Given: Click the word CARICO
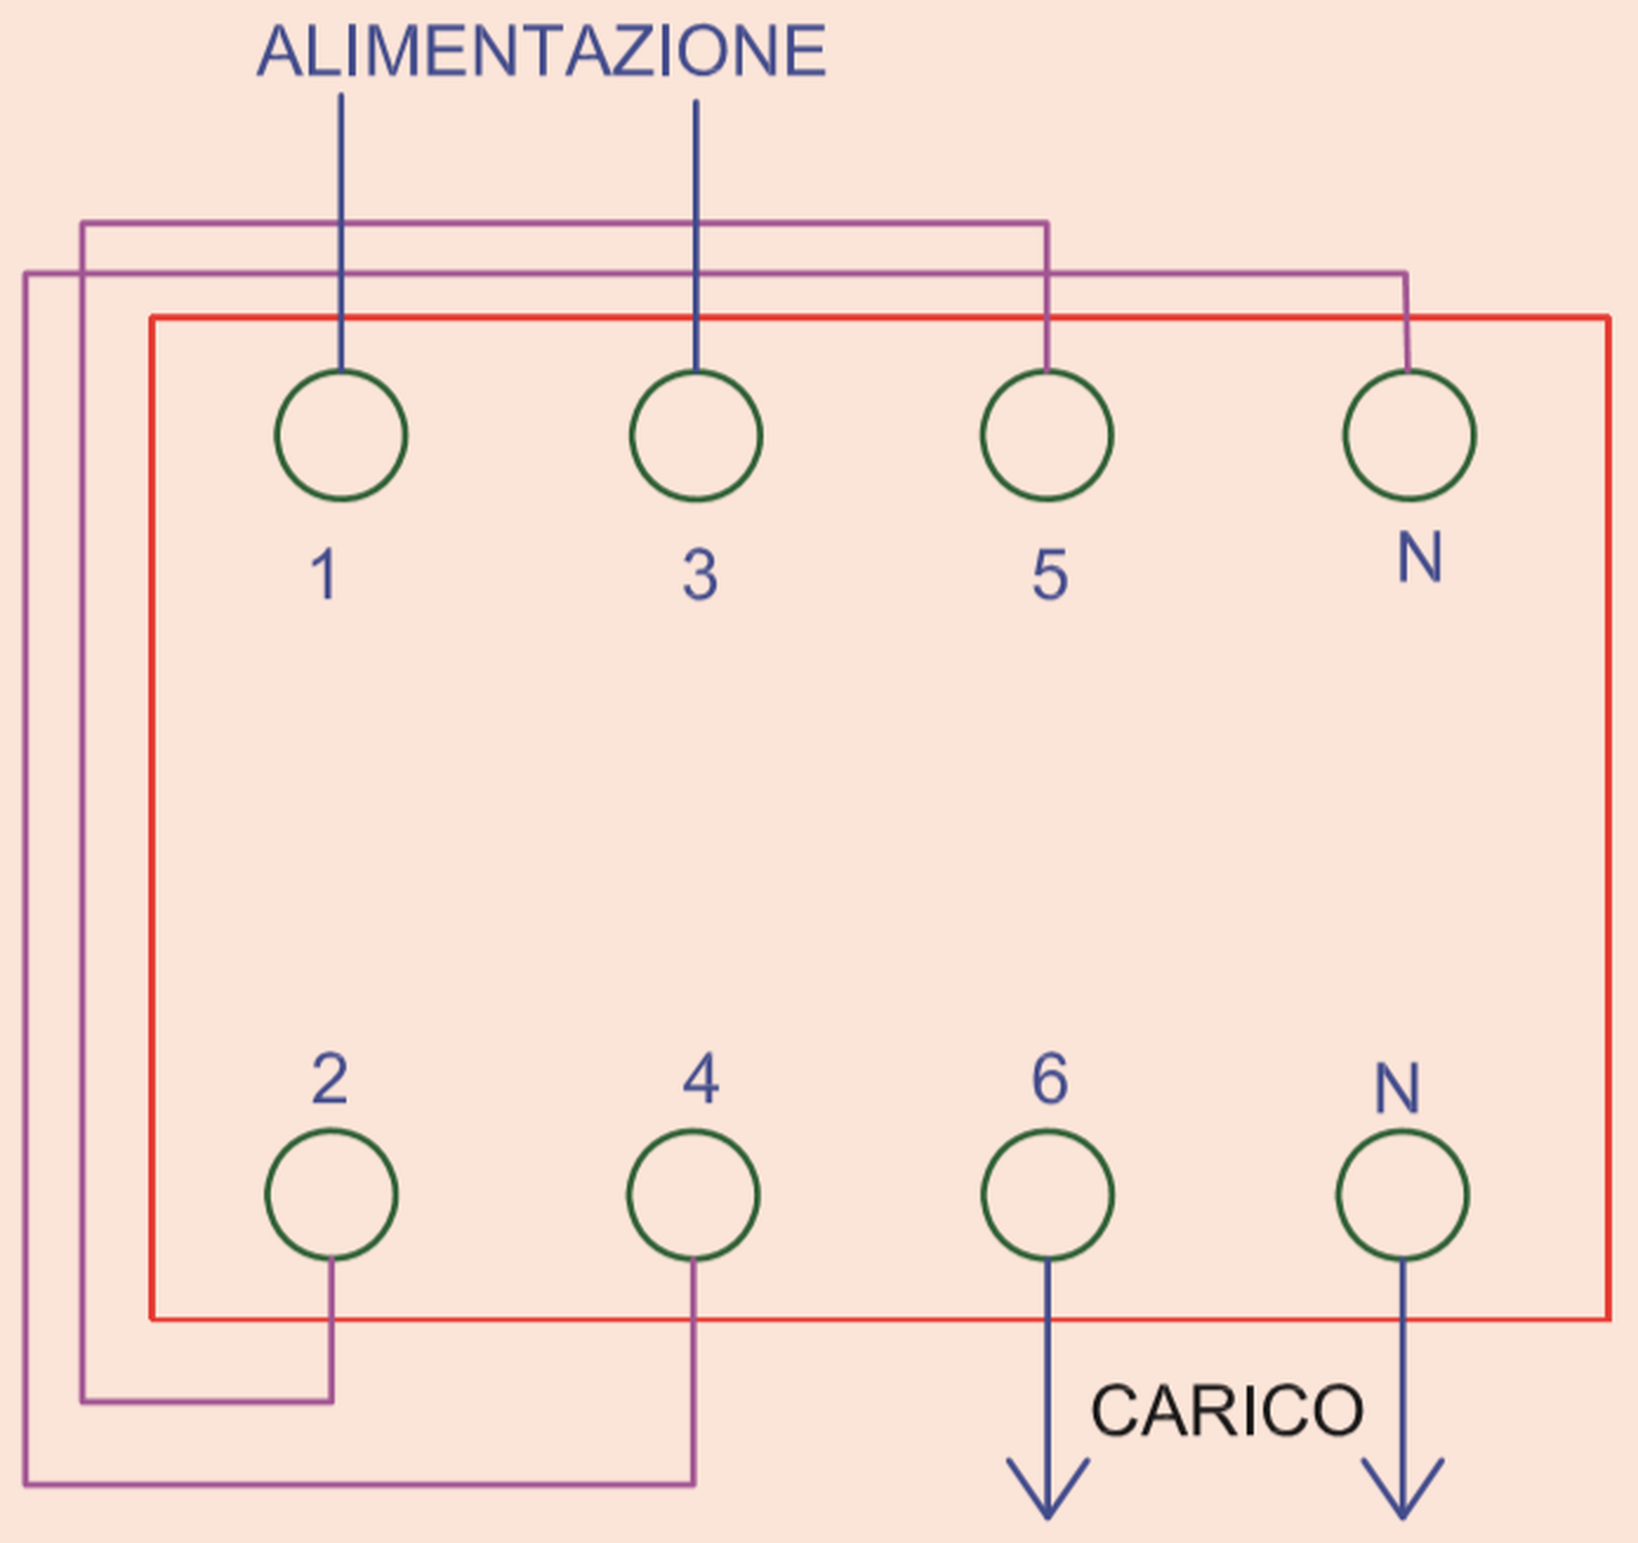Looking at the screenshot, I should point(1227,1411).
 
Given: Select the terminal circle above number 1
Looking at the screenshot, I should point(341,435).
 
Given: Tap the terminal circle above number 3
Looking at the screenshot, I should point(696,435).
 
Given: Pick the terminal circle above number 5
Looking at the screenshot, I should point(1047,435).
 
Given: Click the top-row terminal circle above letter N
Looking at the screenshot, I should point(1409,435).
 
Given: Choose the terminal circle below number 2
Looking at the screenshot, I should point(332,1194).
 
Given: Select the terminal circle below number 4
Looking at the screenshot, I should point(694,1194).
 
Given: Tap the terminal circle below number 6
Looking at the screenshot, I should point(1048,1194).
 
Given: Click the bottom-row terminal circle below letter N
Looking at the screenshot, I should point(1403,1194).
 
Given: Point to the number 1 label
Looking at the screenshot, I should point(324,574).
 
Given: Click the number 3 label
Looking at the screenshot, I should point(700,574).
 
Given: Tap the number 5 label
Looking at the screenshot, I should point(1050,574).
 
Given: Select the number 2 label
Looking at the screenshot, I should point(330,1079).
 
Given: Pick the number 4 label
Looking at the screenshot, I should point(700,1079).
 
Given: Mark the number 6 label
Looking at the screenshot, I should point(1049,1079).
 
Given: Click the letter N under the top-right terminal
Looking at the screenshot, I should point(1420,558).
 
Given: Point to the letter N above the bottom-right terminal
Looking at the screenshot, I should point(1397,1088).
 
